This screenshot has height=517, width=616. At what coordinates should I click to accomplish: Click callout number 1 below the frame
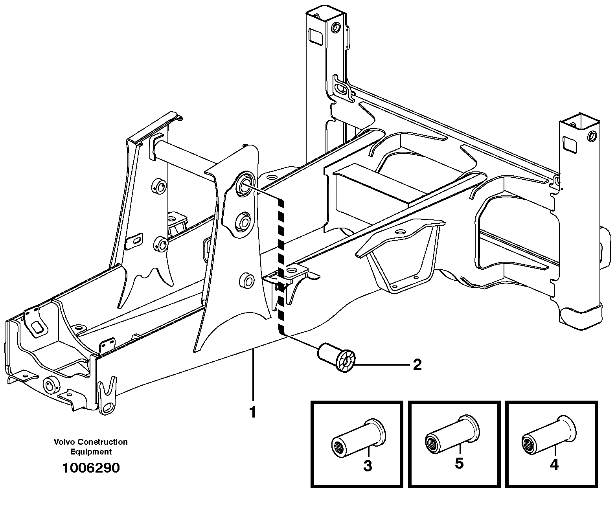[252, 412]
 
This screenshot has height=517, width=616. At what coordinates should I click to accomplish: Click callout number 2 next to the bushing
[417, 365]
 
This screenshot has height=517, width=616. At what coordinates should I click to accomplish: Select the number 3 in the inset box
[367, 466]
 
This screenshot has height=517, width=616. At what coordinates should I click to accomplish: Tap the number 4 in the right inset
[554, 465]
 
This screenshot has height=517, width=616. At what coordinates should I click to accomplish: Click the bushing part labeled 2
[337, 357]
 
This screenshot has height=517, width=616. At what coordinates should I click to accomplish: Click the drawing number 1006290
[91, 468]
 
